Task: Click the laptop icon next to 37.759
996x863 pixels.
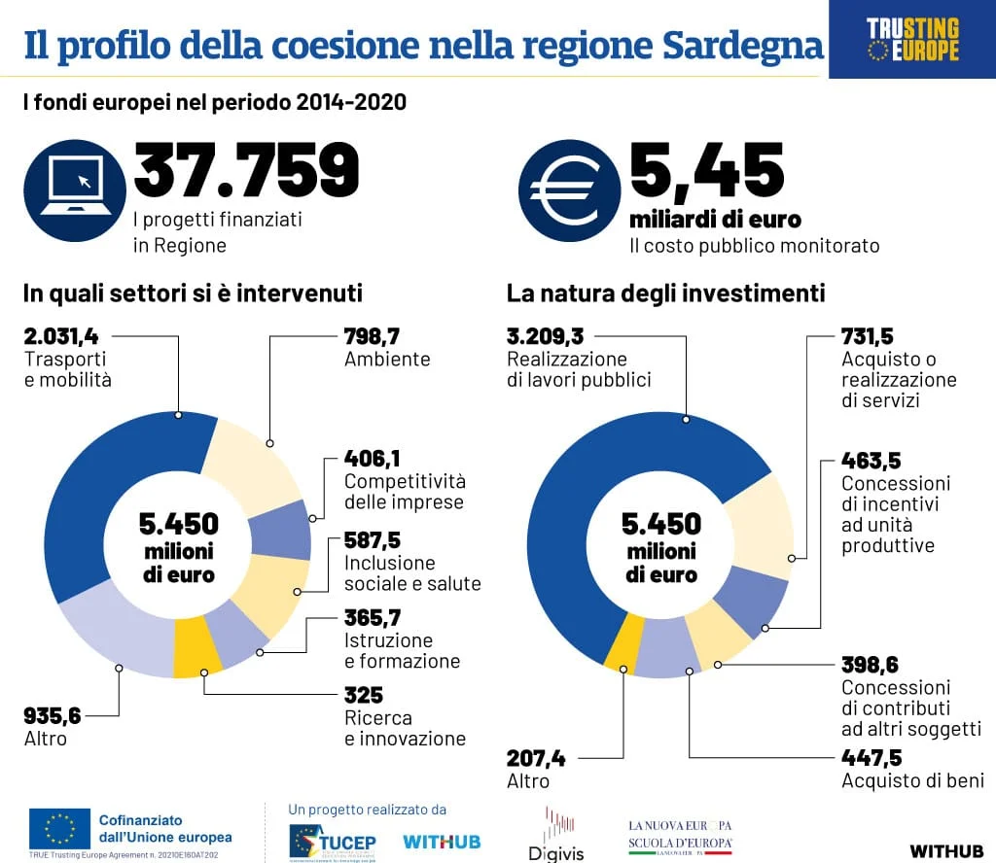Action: pyautogui.click(x=75, y=190)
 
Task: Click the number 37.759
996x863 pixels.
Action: pyautogui.click(x=246, y=169)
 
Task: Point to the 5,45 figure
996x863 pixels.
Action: pyautogui.click(x=707, y=169)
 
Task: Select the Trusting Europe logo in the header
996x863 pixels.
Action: pyautogui.click(x=911, y=39)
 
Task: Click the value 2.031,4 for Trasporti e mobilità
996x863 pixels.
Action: pyautogui.click(x=61, y=337)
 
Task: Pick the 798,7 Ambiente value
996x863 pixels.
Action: pyautogui.click(x=373, y=337)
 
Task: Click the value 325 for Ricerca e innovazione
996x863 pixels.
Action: pyautogui.click(x=364, y=696)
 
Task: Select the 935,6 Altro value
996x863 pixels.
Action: pyautogui.click(x=53, y=716)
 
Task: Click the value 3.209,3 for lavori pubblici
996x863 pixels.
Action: pyautogui.click(x=546, y=337)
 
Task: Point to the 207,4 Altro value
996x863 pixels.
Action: pyautogui.click(x=536, y=759)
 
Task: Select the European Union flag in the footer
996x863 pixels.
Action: pyautogui.click(x=59, y=828)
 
